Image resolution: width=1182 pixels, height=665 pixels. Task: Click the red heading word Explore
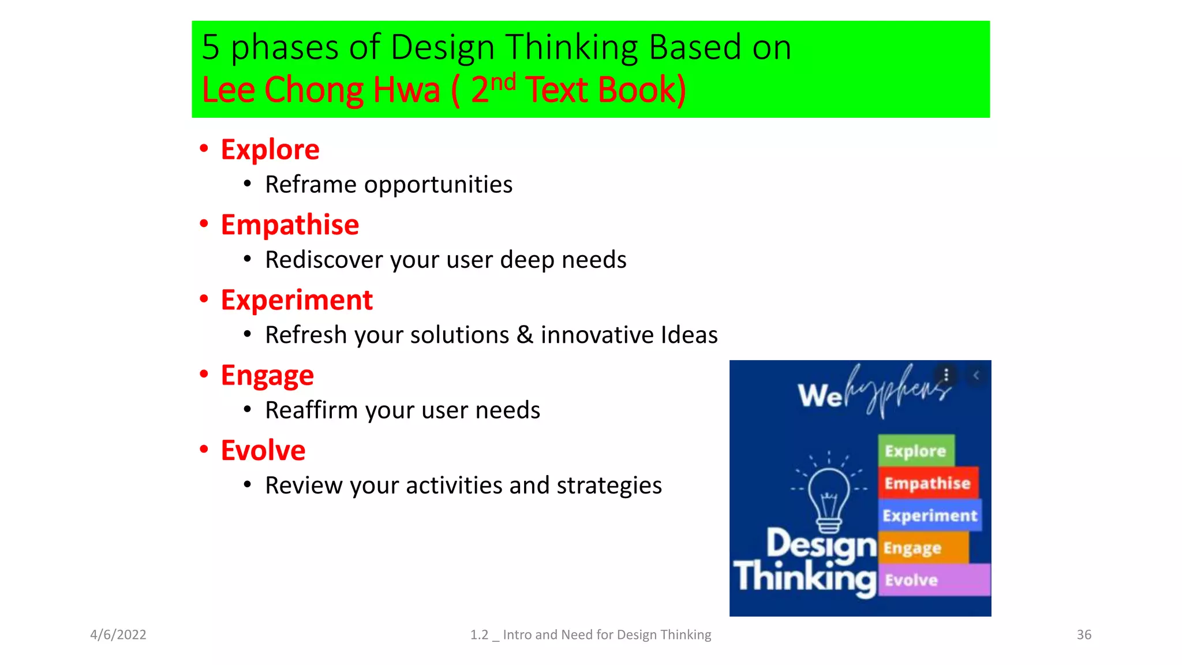pyautogui.click(x=270, y=150)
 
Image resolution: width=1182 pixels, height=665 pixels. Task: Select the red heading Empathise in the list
pyautogui.click(x=290, y=225)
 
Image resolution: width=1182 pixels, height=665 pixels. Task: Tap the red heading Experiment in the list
pyautogui.click(x=297, y=300)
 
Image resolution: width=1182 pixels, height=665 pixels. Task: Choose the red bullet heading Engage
pyautogui.click(x=267, y=375)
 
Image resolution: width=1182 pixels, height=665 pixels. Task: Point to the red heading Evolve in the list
pyautogui.click(x=263, y=450)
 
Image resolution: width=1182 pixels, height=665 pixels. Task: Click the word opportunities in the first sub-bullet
pyautogui.click(x=437, y=185)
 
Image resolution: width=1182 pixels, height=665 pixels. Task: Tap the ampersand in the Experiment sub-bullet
pyautogui.click(x=525, y=335)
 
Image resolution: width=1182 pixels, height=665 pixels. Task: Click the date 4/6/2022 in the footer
pyautogui.click(x=118, y=634)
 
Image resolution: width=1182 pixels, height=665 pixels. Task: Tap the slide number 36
pyautogui.click(x=1084, y=634)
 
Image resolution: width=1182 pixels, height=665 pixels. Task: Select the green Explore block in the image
pyautogui.click(x=916, y=451)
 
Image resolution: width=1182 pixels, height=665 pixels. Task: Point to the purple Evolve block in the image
pyautogui.click(x=934, y=580)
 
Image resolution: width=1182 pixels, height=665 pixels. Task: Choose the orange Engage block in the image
pyautogui.click(x=922, y=547)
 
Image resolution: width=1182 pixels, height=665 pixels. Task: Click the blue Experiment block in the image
pyautogui.click(x=930, y=515)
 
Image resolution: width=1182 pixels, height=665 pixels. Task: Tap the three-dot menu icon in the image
pyautogui.click(x=947, y=375)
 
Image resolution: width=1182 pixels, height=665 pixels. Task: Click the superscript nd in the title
pyautogui.click(x=503, y=82)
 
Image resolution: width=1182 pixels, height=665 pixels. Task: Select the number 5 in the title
pyautogui.click(x=211, y=47)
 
